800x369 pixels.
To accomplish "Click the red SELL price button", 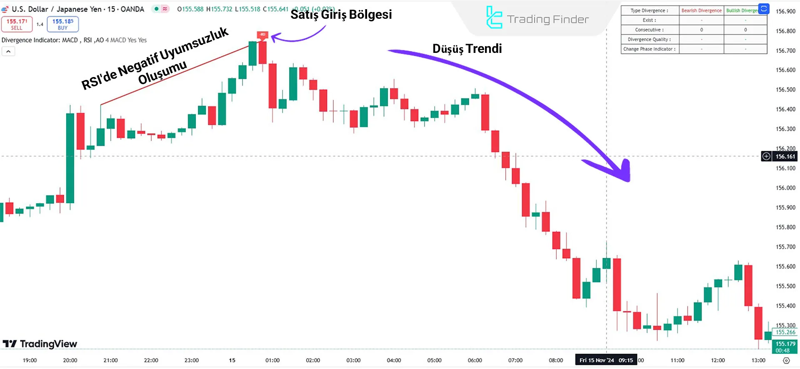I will (17, 24).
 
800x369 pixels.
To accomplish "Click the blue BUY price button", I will (62, 24).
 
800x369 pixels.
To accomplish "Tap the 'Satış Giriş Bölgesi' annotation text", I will (341, 15).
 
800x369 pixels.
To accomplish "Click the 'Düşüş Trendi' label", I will (467, 49).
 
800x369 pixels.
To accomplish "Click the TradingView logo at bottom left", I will (40, 344).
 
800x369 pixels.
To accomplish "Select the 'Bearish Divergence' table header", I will (701, 10).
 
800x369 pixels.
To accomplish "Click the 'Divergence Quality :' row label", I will (649, 40).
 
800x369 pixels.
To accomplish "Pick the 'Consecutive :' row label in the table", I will (649, 30).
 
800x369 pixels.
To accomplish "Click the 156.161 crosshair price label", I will (785, 157).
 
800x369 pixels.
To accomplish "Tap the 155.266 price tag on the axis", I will (785, 332).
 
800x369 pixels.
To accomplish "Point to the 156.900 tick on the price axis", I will (785, 12).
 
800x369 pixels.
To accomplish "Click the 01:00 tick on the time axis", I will (272, 360).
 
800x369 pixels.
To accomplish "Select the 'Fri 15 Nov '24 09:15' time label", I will (606, 360).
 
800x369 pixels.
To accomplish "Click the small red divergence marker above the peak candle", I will (262, 35).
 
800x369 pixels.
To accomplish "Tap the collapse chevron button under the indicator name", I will (8, 51).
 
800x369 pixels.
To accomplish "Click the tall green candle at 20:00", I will (70, 158).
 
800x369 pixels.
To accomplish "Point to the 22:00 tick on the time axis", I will (151, 360).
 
